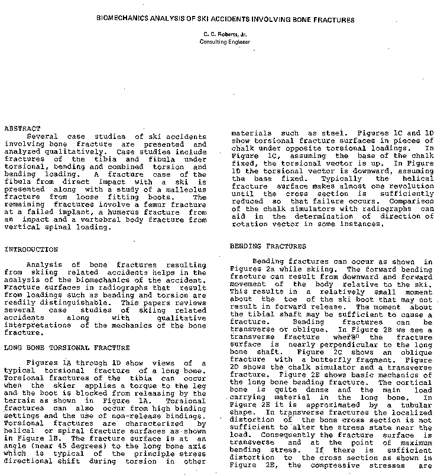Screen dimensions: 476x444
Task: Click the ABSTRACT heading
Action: point(22,128)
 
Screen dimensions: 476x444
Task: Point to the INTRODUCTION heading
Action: point(31,250)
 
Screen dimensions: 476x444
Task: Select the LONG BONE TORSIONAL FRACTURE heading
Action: point(67,348)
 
